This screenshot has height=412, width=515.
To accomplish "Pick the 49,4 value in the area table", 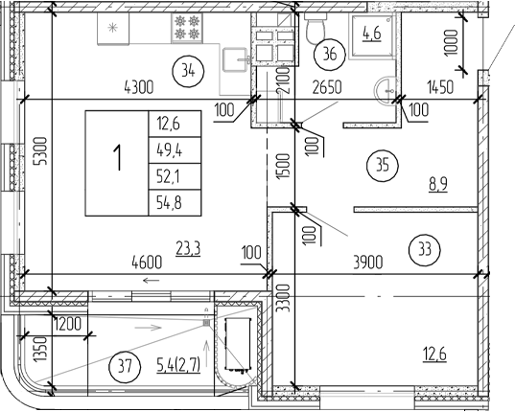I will pos(168,149).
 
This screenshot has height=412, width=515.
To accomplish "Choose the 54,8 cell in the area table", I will pos(168,201).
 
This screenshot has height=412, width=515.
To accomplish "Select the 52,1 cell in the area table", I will pos(168,175).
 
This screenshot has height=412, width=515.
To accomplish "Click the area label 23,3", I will pos(186,248).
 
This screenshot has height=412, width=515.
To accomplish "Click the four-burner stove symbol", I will pos(185,27).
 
